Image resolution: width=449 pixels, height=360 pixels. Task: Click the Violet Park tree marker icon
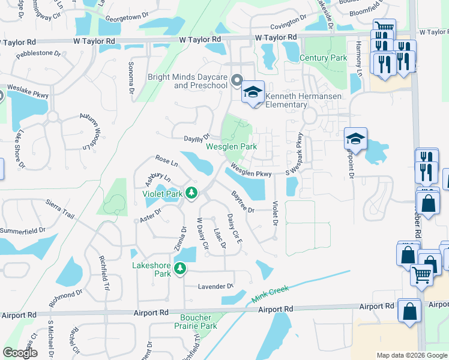click(191, 193)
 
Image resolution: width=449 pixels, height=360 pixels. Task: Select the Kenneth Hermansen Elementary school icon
click(253, 92)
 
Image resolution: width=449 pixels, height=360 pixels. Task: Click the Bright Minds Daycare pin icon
click(237, 80)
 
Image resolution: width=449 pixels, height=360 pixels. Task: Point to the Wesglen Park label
click(231, 146)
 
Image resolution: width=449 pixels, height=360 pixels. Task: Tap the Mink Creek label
click(270, 293)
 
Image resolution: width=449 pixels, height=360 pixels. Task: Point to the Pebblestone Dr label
click(38, 53)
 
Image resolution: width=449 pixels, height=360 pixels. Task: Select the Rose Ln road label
click(167, 161)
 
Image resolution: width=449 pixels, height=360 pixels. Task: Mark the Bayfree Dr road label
click(243, 202)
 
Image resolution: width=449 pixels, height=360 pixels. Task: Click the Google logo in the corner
click(20, 353)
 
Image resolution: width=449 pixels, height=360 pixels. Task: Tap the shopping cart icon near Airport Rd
click(422, 275)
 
